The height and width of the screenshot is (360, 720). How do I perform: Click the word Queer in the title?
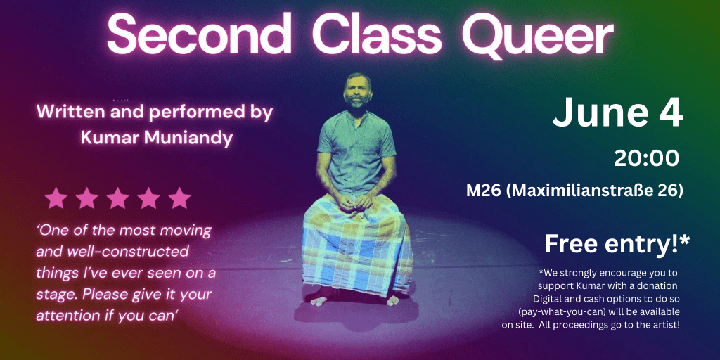538,36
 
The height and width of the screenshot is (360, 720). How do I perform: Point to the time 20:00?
647,158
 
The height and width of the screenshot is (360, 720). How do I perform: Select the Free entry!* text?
617,244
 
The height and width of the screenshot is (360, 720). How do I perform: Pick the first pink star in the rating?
56,198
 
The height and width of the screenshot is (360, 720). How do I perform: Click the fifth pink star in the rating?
179,198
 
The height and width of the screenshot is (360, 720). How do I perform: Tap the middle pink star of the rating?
117,198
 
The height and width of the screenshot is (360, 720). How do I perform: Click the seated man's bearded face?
357,91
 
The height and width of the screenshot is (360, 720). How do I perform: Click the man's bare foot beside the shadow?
319,301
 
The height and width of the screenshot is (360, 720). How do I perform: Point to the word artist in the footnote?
667,325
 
